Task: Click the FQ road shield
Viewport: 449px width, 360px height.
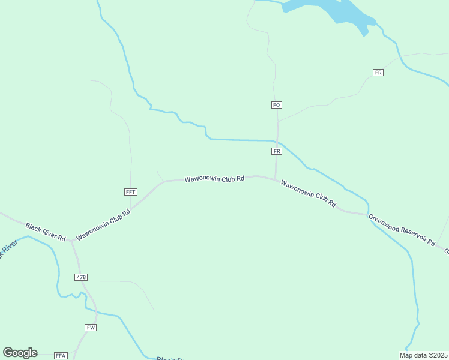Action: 276,105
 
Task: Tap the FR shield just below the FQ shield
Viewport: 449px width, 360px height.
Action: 276,151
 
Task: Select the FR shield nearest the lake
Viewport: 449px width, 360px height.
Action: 378,73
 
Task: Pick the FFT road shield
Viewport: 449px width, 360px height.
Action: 131,192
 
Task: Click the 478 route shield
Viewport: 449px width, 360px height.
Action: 82,277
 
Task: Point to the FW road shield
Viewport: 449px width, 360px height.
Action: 91,327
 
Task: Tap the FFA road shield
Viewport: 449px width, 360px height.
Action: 61,355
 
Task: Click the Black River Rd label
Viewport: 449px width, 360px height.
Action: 45,232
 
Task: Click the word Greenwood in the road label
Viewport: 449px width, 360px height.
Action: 384,223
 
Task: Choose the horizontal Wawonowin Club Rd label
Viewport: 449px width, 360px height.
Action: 214,179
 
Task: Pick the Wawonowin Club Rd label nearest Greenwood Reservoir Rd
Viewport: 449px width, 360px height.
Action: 308,194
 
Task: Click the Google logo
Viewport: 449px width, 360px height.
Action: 20,353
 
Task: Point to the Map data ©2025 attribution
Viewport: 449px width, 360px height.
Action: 423,355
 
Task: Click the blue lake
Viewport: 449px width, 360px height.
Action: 336,11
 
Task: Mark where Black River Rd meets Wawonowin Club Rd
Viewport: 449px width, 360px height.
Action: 71,241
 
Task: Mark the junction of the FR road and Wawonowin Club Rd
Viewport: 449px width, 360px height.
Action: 276,179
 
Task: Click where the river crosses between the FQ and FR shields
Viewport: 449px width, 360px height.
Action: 277,141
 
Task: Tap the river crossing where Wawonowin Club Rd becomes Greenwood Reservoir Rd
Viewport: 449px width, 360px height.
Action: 367,214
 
